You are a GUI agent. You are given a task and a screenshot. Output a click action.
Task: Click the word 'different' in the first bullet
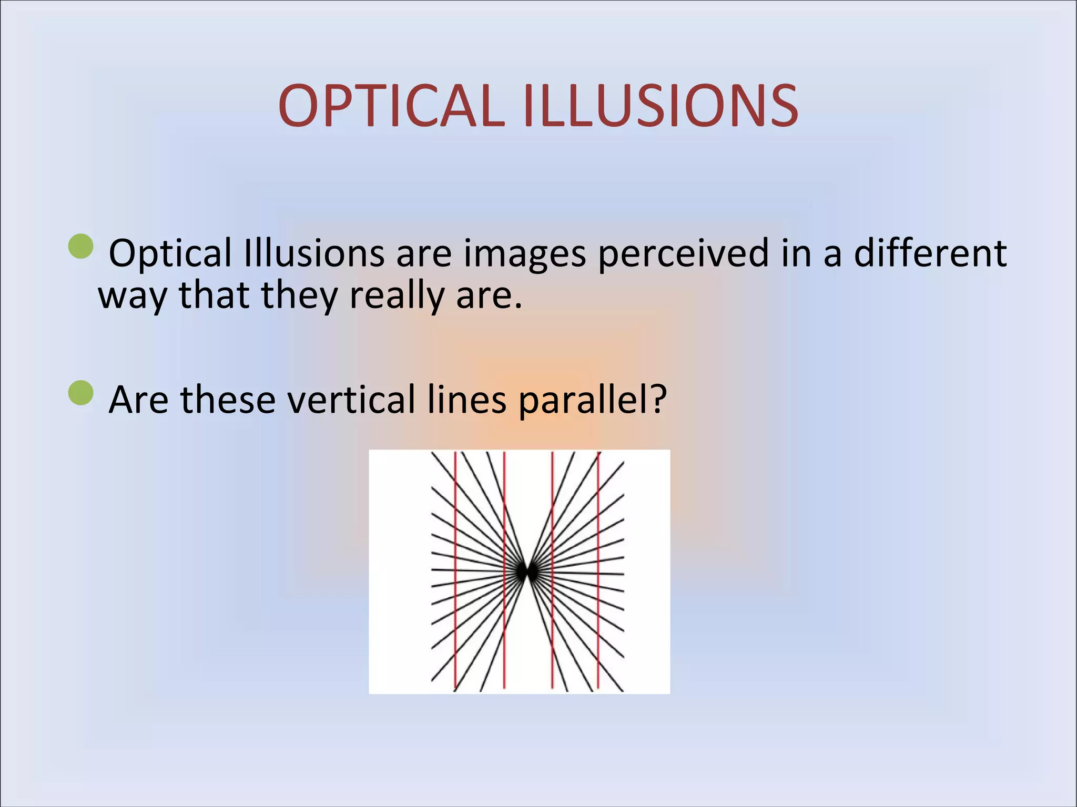coord(930,253)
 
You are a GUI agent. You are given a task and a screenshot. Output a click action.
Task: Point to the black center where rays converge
coord(526,572)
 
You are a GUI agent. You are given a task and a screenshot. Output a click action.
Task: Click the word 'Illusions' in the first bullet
coord(314,253)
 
